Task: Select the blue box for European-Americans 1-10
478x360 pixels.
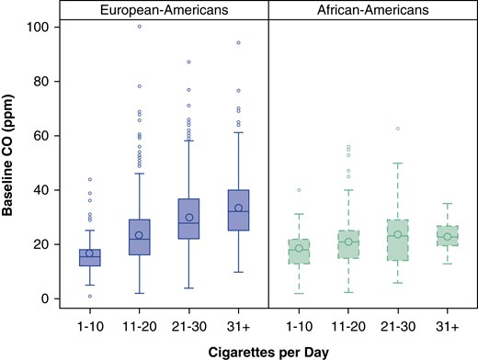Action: coord(89,257)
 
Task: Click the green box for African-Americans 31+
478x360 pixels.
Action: coord(421,236)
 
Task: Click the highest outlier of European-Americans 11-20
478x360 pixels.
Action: coord(139,27)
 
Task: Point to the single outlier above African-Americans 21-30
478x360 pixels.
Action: coord(372,129)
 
